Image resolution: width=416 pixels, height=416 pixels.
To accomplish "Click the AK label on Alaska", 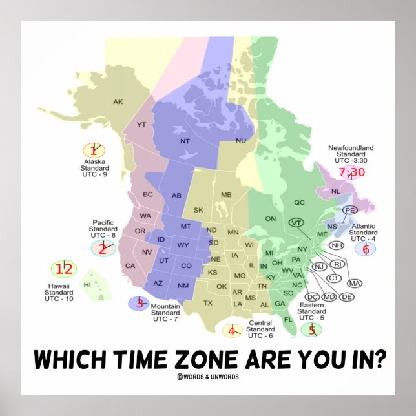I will (118, 101).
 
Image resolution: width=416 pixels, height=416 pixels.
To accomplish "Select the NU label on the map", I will (241, 140).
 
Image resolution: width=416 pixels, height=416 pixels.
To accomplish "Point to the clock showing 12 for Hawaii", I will (63, 269).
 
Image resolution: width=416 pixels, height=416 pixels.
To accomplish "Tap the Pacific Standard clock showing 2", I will (103, 248).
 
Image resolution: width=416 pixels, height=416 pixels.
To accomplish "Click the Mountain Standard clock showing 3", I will (139, 303).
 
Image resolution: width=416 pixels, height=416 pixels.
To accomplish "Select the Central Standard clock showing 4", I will (232, 331).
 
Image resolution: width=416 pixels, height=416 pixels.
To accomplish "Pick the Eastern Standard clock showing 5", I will (312, 330).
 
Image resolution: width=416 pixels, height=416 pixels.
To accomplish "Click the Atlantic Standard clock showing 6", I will (365, 249).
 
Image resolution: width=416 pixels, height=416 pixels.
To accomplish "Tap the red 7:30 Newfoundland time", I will (351, 172).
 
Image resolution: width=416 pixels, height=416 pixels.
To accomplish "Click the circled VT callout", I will (296, 223).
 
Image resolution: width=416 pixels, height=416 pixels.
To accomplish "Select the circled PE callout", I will (350, 210).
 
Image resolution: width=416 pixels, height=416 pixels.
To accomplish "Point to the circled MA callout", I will (355, 283).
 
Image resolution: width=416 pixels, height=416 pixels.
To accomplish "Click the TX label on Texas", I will (208, 302).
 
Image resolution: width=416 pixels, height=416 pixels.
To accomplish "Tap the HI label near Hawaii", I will (86, 284).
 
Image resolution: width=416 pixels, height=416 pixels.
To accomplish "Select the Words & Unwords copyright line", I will (207, 376).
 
